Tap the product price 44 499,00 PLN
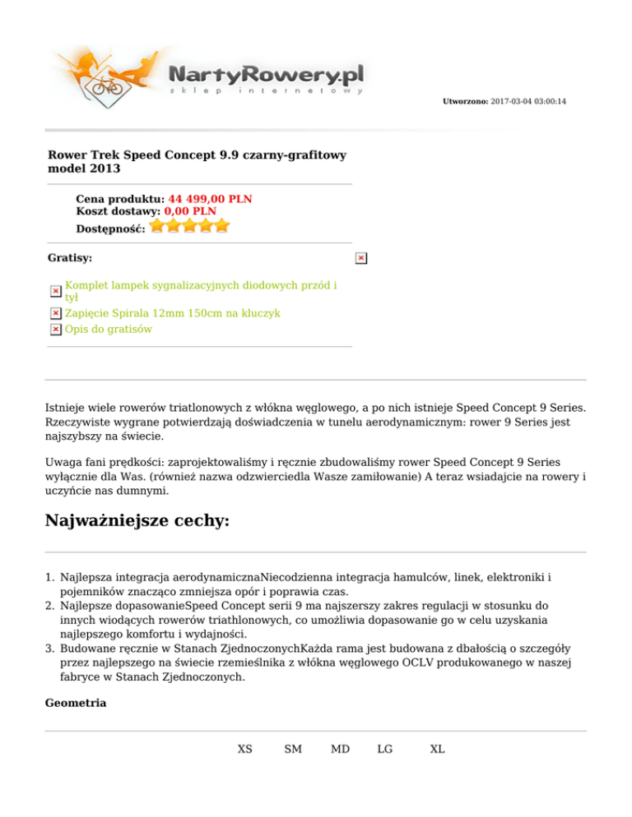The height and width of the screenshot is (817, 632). tap(210, 199)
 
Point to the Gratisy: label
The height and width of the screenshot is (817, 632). tap(70, 258)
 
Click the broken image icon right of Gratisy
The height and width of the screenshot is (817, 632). tap(360, 259)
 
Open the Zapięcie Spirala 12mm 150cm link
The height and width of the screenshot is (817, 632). tap(173, 313)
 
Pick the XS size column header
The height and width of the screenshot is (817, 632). tap(244, 750)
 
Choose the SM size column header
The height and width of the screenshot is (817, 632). tap(292, 750)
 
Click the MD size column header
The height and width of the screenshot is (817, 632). tap(340, 750)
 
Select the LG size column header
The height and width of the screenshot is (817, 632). tap(385, 750)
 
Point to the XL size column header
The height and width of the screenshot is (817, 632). tap(437, 750)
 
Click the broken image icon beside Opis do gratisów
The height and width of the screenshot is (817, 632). tap(55, 330)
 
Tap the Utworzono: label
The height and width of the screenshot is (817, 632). tap(465, 101)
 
